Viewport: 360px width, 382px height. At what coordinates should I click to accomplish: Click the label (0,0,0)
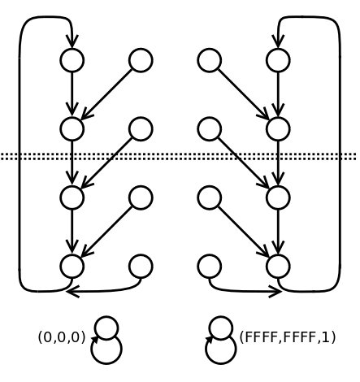[x=62, y=337]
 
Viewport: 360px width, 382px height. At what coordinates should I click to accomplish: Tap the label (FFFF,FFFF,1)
[x=288, y=337]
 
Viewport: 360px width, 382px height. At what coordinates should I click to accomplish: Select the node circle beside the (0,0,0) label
[x=106, y=328]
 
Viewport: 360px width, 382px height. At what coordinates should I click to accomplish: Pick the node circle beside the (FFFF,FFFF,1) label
[x=221, y=328]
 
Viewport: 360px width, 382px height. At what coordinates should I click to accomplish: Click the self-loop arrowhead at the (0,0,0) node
[x=95, y=340]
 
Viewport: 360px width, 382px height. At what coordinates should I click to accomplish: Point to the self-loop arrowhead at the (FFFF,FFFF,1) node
[x=209, y=340]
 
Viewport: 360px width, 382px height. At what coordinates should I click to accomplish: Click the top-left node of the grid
[x=72, y=60]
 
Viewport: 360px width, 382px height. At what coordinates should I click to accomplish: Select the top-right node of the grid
[x=278, y=60]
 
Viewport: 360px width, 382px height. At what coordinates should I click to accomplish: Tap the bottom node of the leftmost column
[x=72, y=267]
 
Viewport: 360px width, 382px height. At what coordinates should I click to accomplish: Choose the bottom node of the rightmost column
[x=278, y=267]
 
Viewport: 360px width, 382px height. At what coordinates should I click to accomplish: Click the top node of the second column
[x=141, y=60]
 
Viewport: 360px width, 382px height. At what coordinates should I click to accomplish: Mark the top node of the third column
[x=210, y=60]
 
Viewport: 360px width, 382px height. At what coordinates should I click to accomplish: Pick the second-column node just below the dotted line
[x=141, y=198]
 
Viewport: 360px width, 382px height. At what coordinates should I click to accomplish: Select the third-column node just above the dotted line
[x=210, y=129]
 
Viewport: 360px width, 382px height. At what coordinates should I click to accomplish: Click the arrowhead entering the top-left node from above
[x=72, y=41]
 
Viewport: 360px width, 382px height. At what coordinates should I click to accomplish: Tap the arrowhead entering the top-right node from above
[x=278, y=41]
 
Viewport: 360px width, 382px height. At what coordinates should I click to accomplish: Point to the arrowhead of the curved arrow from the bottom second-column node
[x=72, y=292]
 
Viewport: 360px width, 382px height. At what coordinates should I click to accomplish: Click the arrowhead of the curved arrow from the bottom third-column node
[x=275, y=292]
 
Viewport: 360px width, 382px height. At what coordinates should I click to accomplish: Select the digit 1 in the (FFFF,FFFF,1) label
[x=327, y=337]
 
